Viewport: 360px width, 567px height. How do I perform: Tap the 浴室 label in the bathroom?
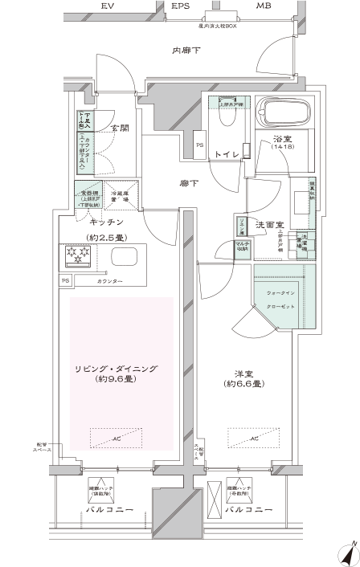[x=281, y=138]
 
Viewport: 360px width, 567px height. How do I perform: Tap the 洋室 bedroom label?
[x=239, y=375]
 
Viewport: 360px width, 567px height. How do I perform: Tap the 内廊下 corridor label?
[x=186, y=52]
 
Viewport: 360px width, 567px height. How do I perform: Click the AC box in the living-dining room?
[x=117, y=439]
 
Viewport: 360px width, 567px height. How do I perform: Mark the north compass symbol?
[x=346, y=553]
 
